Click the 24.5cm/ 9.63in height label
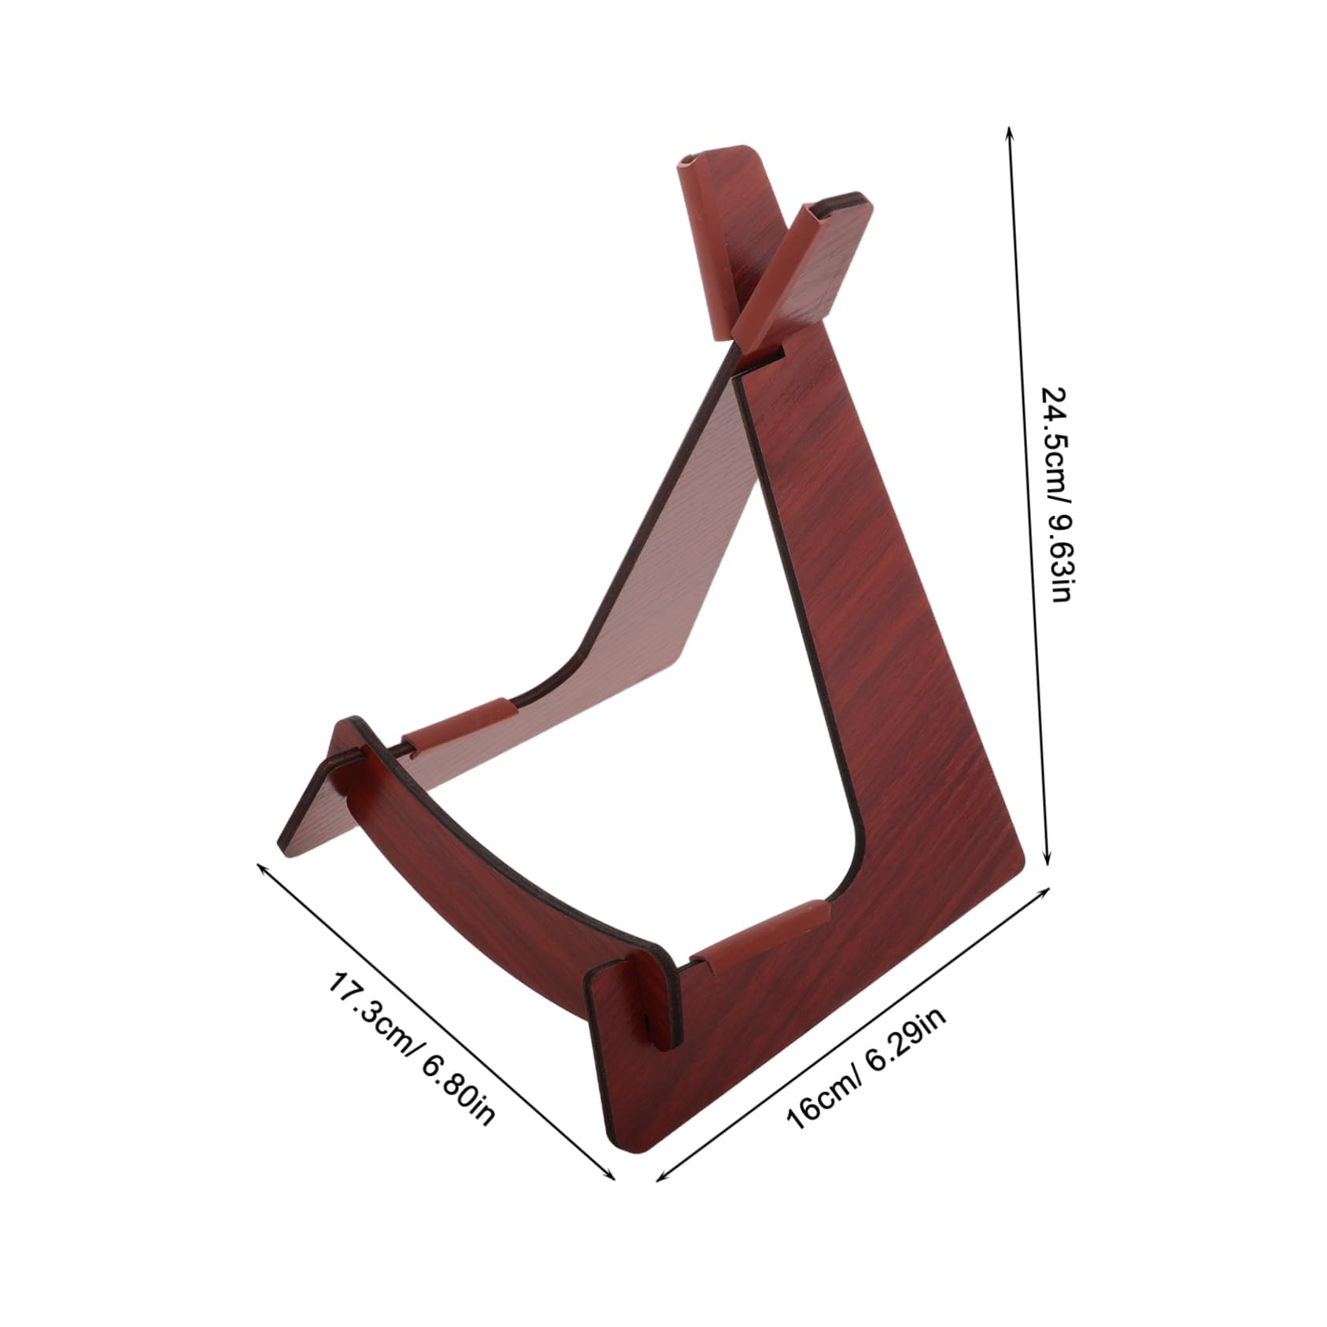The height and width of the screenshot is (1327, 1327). (x=1055, y=493)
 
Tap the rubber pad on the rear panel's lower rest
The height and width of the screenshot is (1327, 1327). (x=460, y=724)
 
